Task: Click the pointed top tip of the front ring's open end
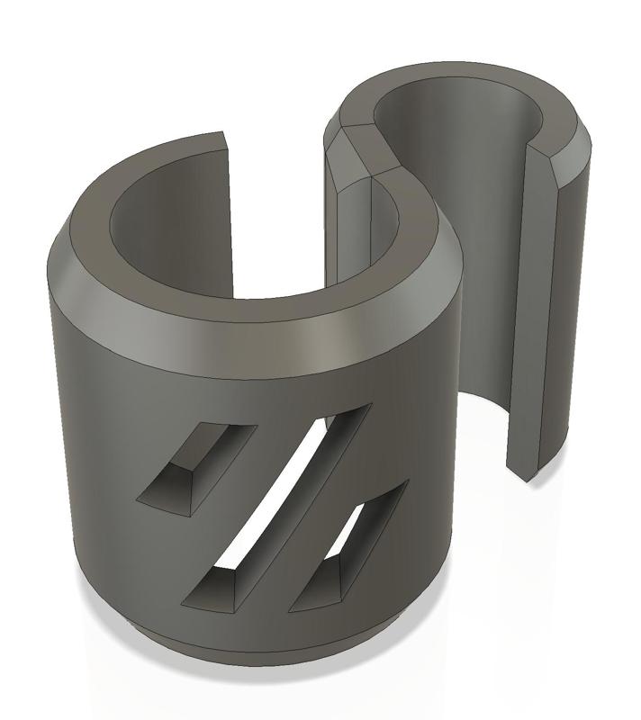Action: click(221, 136)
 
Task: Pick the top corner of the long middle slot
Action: click(365, 408)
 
